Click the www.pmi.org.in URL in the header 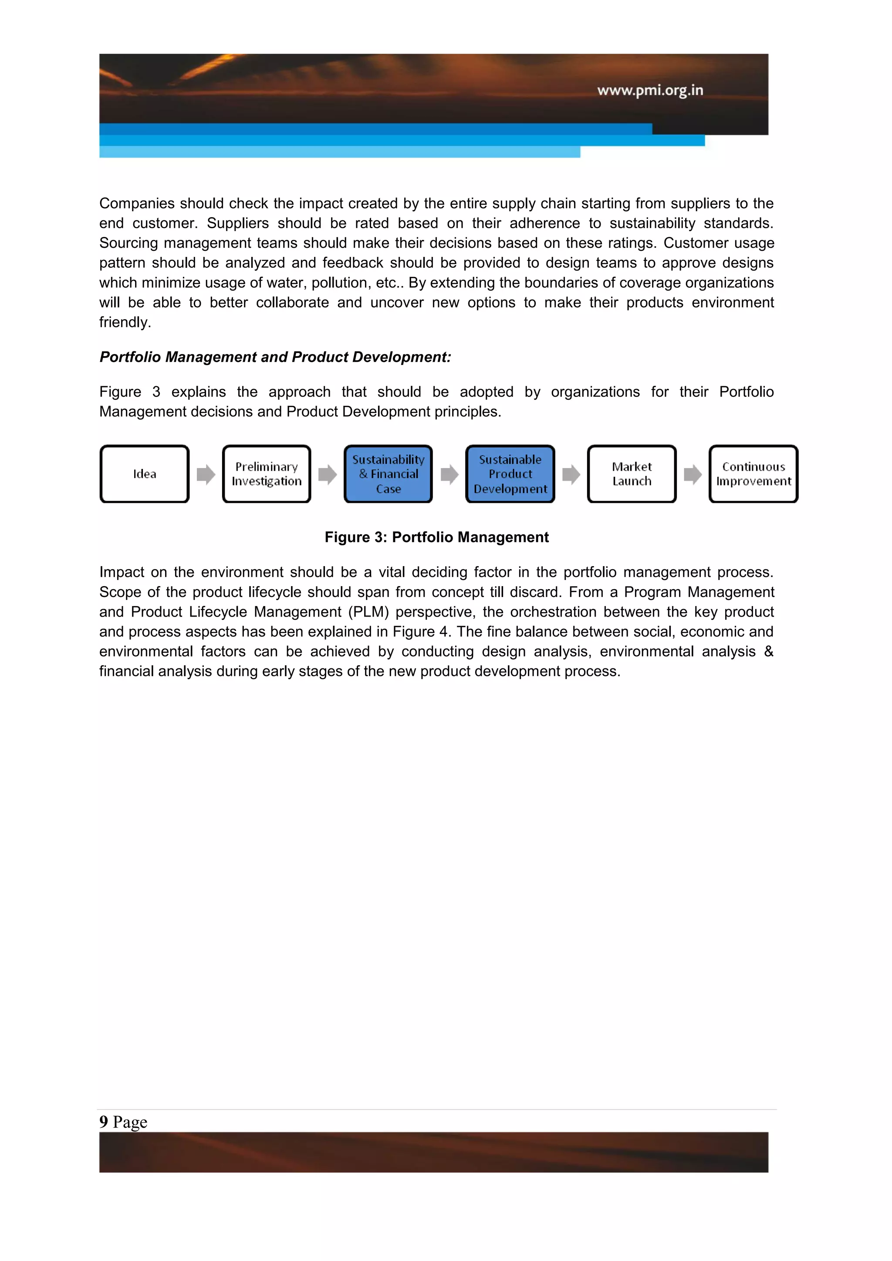tap(650, 90)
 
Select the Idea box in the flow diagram tap(145, 474)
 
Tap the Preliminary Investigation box tap(267, 474)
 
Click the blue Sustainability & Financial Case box tap(389, 474)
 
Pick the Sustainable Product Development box tap(510, 474)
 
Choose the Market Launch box tap(632, 474)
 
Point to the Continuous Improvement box tap(753, 474)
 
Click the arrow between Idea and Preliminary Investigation tap(206, 474)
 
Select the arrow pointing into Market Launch tap(571, 474)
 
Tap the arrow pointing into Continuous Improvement tap(693, 474)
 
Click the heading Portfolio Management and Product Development tap(275, 357)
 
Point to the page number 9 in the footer tap(104, 1122)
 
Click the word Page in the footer tap(130, 1122)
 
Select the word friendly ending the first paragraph tap(125, 322)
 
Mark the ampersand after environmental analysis tap(768, 651)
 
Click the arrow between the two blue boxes tap(449, 474)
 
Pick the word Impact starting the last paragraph tap(122, 572)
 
